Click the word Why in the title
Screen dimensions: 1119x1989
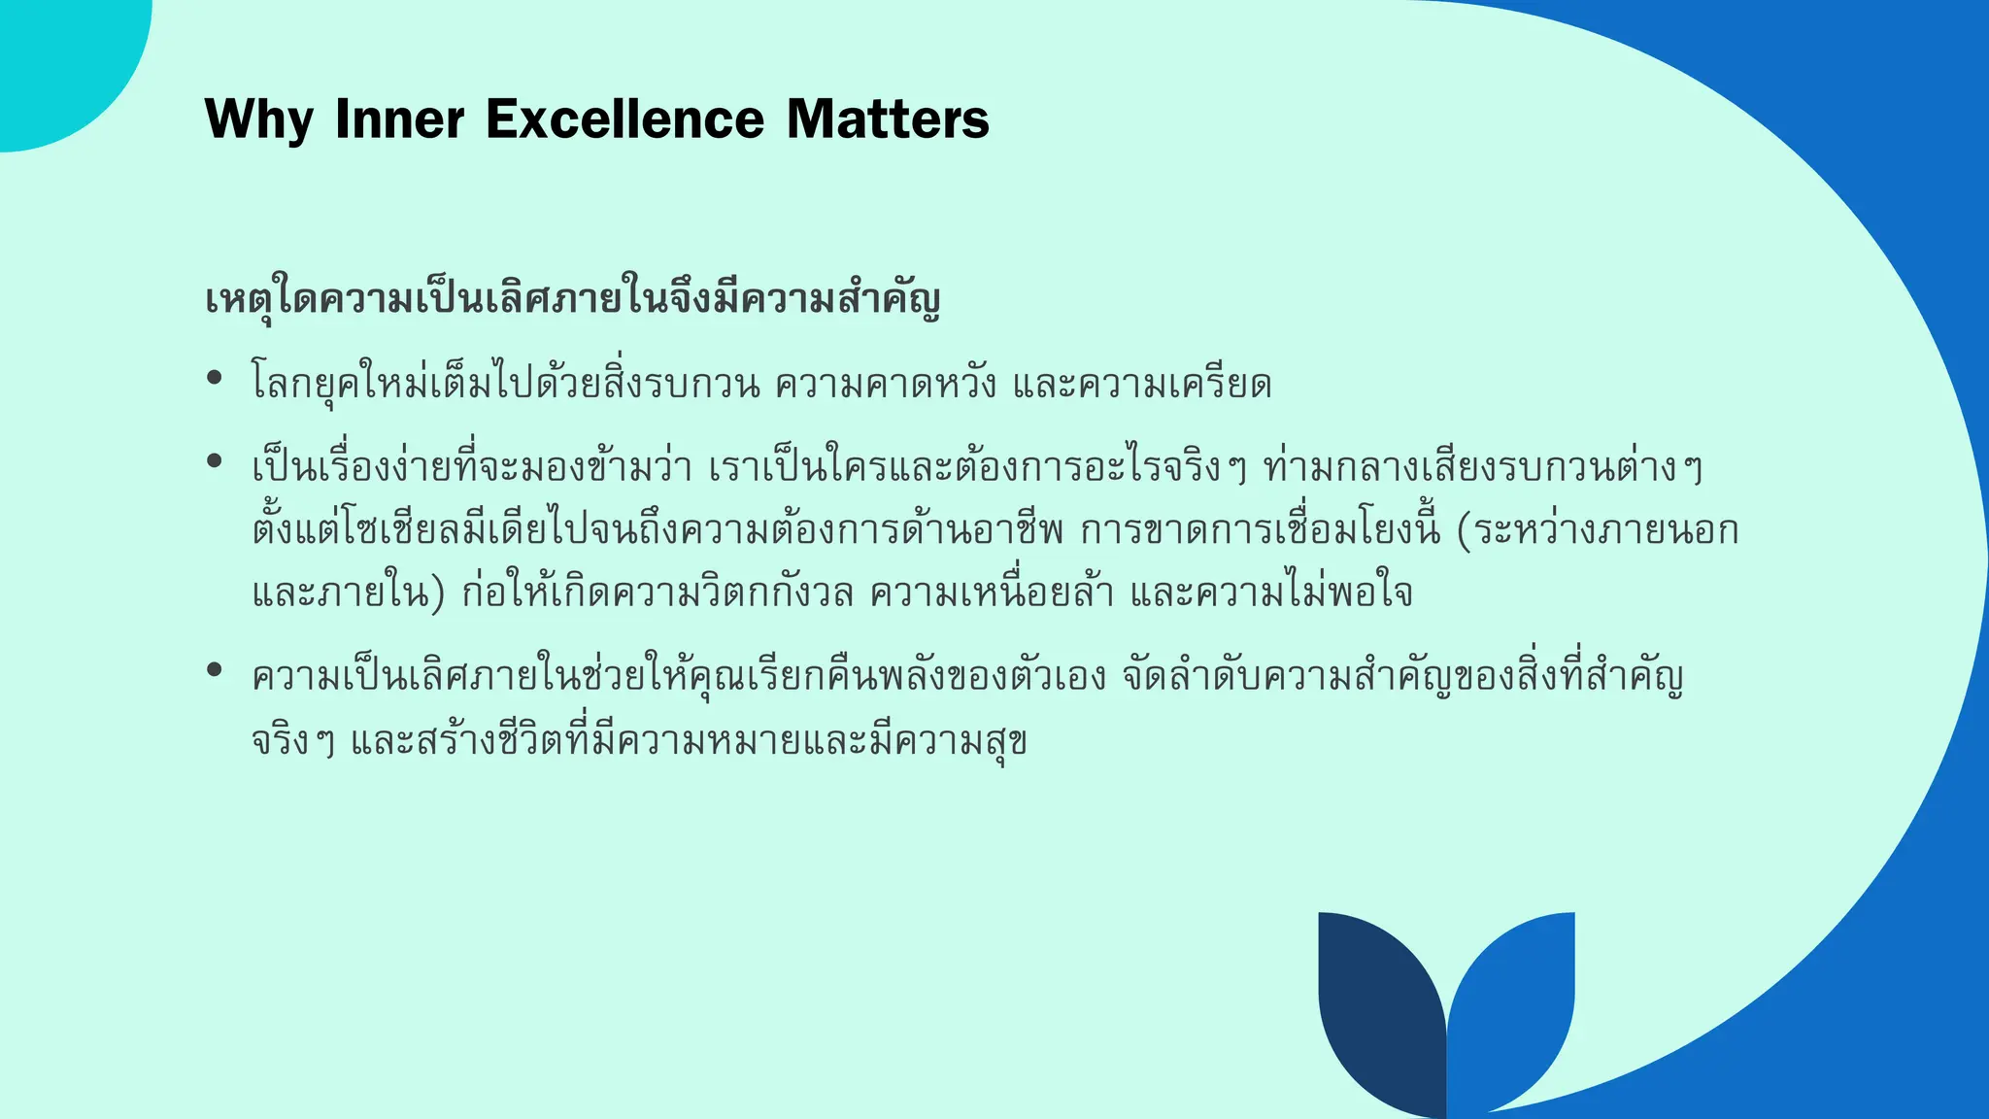(259, 119)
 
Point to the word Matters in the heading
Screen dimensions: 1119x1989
(888, 119)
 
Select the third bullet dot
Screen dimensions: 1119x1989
(215, 669)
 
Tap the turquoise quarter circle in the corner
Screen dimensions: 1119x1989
(58, 58)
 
